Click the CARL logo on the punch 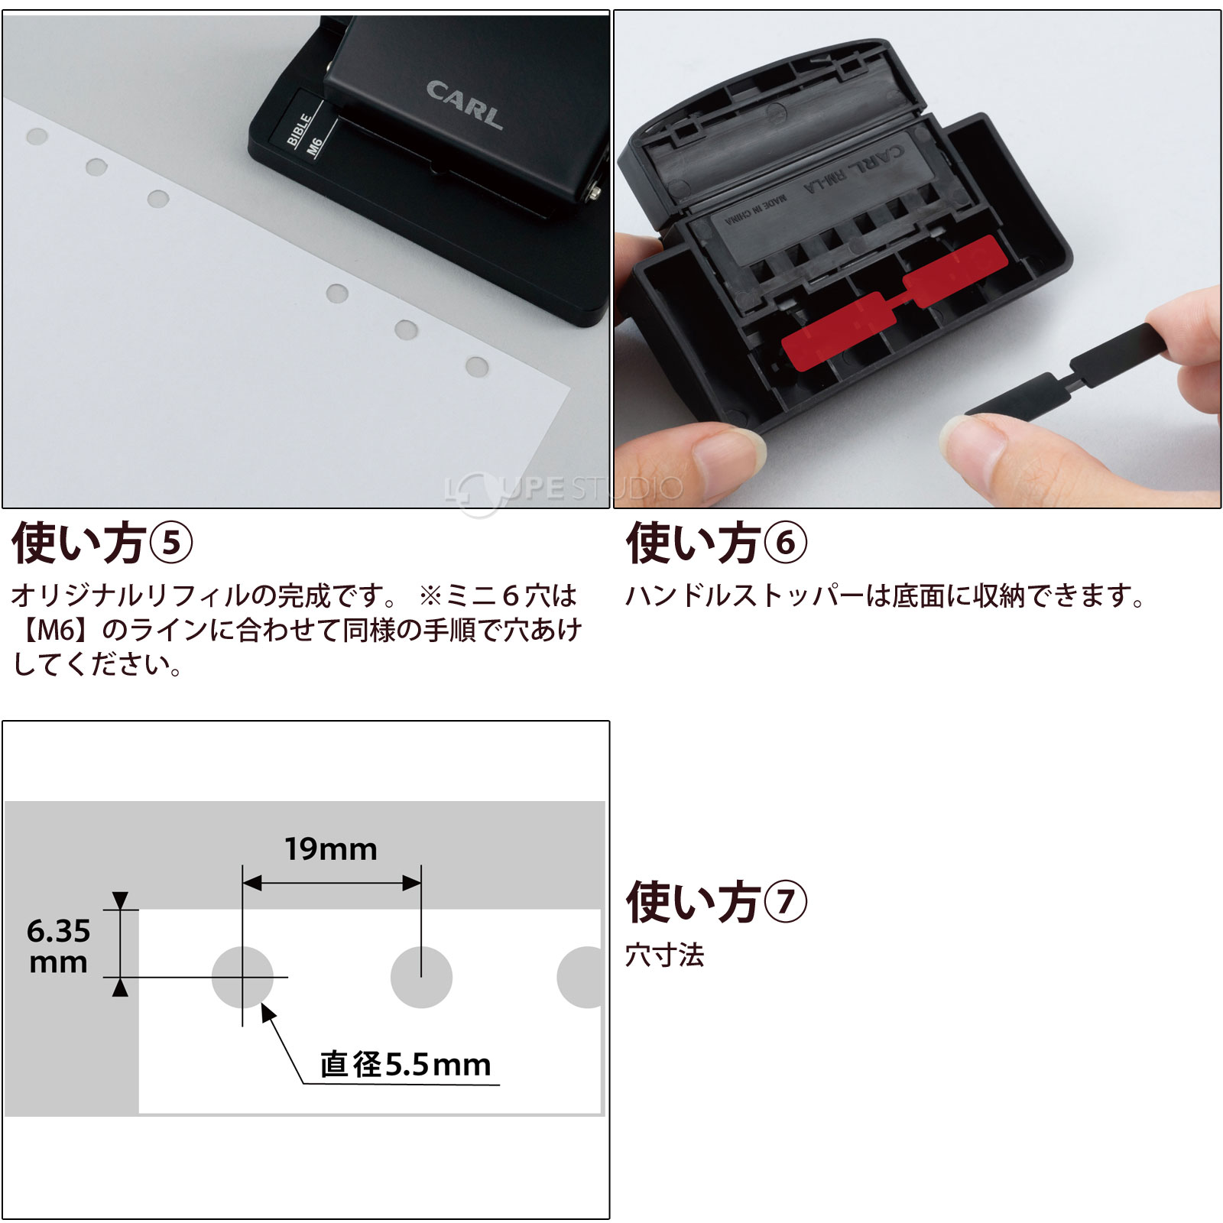pos(465,105)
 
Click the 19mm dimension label pos(331,849)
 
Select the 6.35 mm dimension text pos(58,946)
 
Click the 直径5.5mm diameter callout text pos(405,1064)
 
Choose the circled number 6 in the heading pos(786,543)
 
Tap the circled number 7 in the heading pos(786,902)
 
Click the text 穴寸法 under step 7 pos(665,955)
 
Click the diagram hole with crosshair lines pos(242,977)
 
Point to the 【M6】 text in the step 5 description pos(54,630)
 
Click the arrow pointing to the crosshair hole pos(283,1043)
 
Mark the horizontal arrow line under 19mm pos(332,884)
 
